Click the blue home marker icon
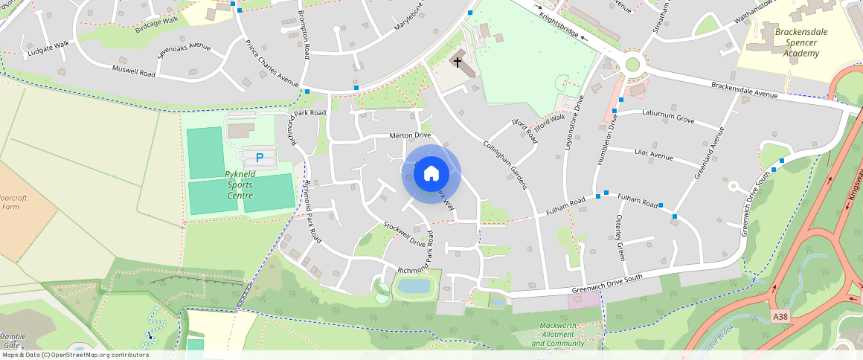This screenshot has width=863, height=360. (431, 174)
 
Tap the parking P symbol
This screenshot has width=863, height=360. (260, 158)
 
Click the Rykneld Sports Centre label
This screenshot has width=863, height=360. (230, 186)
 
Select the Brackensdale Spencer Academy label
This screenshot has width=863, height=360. (797, 42)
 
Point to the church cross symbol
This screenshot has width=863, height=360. (458, 62)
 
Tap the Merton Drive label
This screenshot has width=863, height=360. (410, 135)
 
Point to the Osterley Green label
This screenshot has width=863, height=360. (619, 237)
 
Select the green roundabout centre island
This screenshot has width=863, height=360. (632, 65)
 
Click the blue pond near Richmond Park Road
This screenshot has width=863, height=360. (414, 286)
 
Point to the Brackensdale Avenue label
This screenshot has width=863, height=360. (743, 90)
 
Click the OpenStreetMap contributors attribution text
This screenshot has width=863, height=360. (75, 355)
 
